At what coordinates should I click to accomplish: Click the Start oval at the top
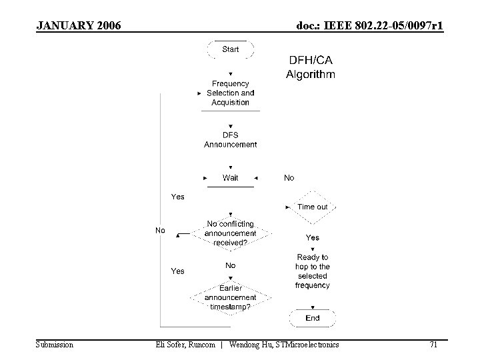[230, 49]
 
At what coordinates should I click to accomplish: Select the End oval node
[312, 318]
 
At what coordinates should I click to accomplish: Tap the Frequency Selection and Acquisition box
[230, 93]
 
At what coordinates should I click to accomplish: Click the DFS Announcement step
[230, 140]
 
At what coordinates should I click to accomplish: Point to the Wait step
[230, 178]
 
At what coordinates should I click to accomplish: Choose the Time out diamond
[312, 207]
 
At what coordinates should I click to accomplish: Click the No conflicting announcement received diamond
[230, 233]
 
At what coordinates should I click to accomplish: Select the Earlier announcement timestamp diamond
[230, 297]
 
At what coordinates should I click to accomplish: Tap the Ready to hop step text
[312, 271]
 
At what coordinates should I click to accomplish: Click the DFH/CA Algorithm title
[311, 67]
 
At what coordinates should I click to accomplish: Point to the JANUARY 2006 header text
[79, 26]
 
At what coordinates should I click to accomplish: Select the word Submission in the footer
[54, 345]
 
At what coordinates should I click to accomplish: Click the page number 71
[433, 345]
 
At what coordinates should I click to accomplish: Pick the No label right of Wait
[289, 178]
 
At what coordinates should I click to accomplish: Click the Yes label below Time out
[312, 237]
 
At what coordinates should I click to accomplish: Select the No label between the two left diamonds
[230, 265]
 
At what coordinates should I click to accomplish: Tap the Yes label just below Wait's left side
[178, 197]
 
